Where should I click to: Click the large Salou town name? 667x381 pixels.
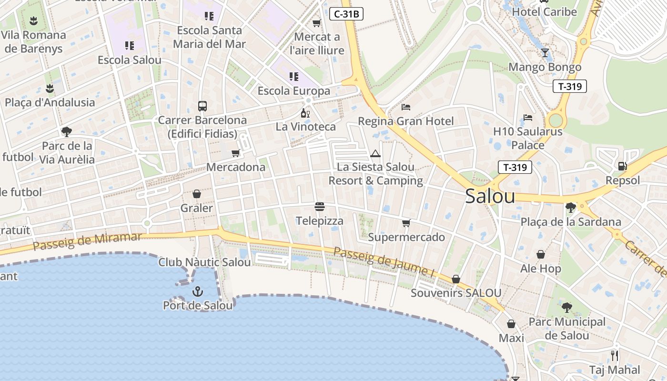(490, 196)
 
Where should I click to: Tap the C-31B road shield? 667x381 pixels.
(346, 14)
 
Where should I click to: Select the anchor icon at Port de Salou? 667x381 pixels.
(197, 291)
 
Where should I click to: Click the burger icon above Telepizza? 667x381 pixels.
(320, 207)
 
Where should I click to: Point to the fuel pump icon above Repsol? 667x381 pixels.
(622, 166)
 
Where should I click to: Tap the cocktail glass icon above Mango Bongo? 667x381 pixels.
(545, 52)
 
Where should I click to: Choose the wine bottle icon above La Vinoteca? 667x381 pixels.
(305, 113)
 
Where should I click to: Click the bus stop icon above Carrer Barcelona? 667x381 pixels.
(202, 106)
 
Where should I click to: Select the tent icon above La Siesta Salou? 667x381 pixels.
(375, 153)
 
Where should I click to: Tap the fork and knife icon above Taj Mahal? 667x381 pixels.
(615, 355)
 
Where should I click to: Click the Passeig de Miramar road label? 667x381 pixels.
(88, 241)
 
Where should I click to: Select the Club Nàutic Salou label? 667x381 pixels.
(204, 262)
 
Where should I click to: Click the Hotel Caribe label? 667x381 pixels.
(544, 12)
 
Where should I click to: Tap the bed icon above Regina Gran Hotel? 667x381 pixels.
(406, 107)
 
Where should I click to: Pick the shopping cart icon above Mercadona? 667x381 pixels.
(235, 153)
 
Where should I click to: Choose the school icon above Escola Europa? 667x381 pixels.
(293, 76)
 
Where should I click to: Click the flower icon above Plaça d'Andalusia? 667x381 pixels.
(50, 88)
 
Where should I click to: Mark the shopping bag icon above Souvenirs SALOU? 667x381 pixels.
(456, 279)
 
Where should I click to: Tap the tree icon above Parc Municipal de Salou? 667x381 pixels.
(566, 307)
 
